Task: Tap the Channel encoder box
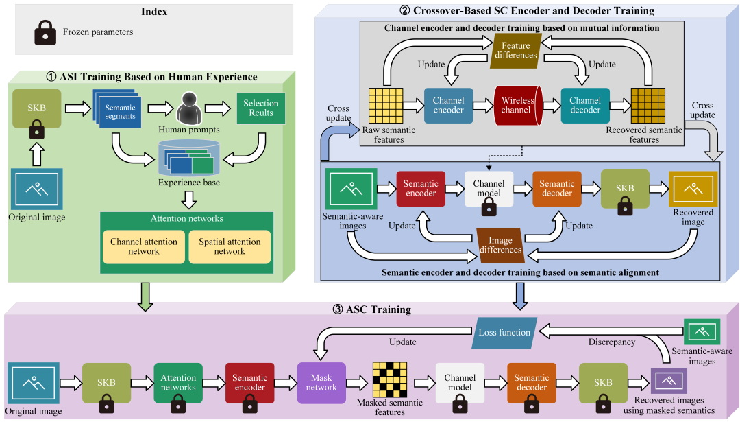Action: point(448,105)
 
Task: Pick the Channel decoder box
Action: point(584,105)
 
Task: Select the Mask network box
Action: point(321,382)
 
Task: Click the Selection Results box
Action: point(261,108)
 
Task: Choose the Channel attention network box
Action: point(143,246)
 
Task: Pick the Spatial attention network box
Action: point(230,246)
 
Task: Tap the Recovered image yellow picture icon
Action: point(693,188)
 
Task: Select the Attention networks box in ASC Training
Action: point(178,382)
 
